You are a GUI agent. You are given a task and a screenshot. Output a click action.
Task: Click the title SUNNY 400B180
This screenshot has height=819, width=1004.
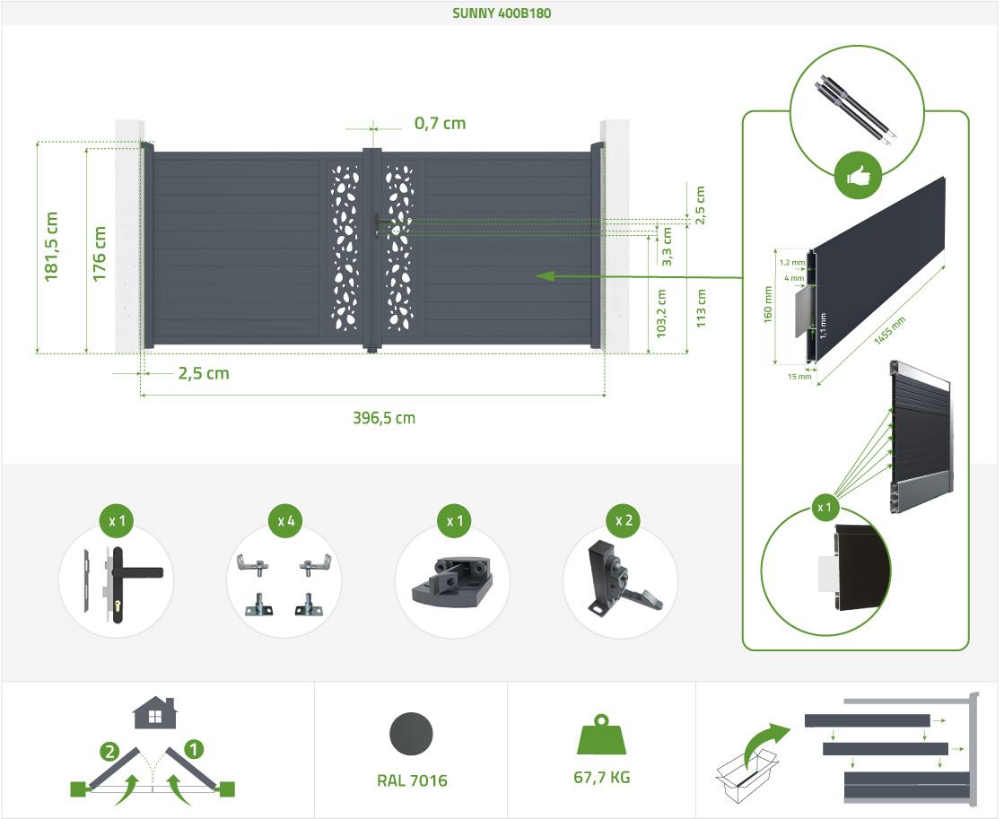tap(502, 13)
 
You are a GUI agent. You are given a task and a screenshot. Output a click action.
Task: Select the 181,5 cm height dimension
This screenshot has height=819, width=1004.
tap(52, 247)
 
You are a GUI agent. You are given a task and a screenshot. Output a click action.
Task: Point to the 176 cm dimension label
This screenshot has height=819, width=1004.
tap(100, 254)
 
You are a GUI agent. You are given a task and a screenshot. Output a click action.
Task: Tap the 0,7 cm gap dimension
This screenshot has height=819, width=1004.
tap(440, 124)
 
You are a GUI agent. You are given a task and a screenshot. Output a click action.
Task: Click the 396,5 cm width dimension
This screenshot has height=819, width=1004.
tap(384, 417)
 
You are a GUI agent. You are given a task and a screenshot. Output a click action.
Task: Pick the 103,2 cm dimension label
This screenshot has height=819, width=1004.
tap(662, 312)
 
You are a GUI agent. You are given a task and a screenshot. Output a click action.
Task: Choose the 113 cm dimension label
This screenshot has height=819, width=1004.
tap(701, 307)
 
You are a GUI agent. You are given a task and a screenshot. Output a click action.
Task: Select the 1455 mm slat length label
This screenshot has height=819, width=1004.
tap(888, 334)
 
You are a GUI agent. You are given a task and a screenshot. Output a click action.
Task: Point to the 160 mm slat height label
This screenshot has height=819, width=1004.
tap(768, 306)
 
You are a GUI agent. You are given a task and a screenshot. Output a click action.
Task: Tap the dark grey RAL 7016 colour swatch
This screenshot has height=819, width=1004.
tap(411, 733)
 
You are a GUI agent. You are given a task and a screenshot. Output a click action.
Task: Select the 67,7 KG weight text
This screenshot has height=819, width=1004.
tap(602, 777)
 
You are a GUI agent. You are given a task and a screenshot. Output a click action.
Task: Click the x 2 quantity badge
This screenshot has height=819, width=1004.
tap(622, 520)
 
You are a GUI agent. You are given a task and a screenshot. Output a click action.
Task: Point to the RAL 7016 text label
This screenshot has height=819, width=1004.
tap(412, 780)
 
